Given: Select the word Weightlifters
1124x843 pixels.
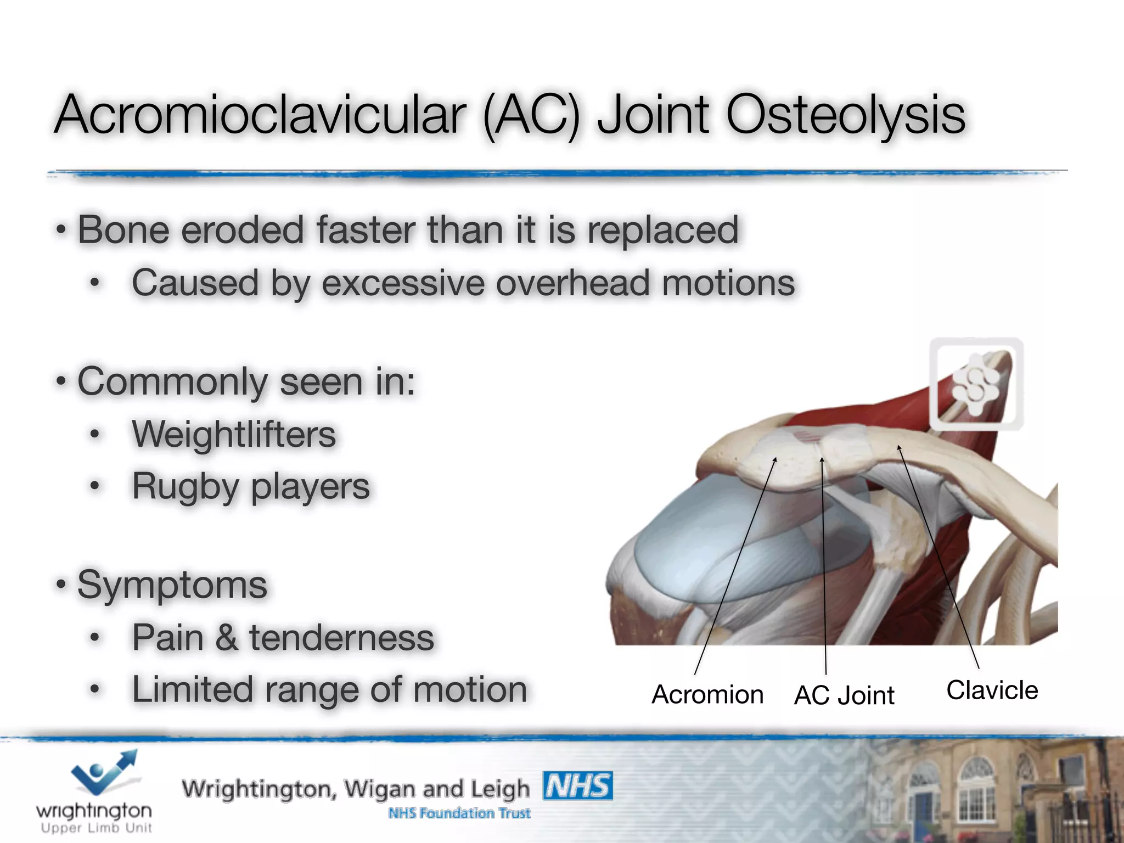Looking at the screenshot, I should [x=234, y=435].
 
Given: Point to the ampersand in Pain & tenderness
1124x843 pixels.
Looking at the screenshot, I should [x=226, y=638].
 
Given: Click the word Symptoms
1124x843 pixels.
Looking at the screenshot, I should [x=172, y=585].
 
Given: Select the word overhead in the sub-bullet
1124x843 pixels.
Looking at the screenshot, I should [x=572, y=283].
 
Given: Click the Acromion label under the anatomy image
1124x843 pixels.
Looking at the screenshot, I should [x=707, y=695].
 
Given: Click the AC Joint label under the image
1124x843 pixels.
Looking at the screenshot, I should [x=844, y=695].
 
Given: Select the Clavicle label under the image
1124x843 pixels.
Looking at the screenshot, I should [x=992, y=690].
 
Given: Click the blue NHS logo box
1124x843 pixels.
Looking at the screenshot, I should [x=577, y=786].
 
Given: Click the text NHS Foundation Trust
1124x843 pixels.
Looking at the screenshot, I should [x=459, y=813].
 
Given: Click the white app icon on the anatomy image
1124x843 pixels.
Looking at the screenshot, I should [x=976, y=384].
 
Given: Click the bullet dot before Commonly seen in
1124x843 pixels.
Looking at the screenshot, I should [x=61, y=380].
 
